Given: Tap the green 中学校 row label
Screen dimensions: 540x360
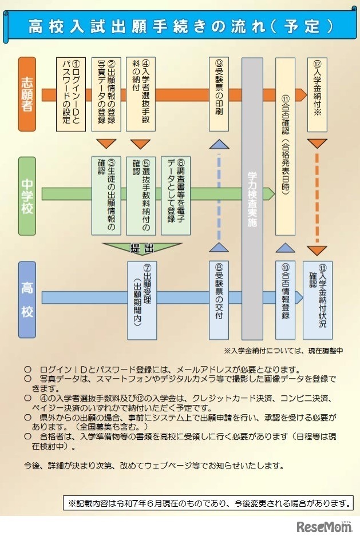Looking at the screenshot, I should pos(27,196).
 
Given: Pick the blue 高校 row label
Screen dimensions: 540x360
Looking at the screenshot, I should pos(27,299).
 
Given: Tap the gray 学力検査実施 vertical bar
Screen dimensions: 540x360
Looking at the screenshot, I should pos(252,198).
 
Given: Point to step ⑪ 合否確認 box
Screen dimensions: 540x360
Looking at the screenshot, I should pos(286,146).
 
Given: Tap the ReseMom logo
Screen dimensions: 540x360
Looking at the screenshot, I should pos(323,527).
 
